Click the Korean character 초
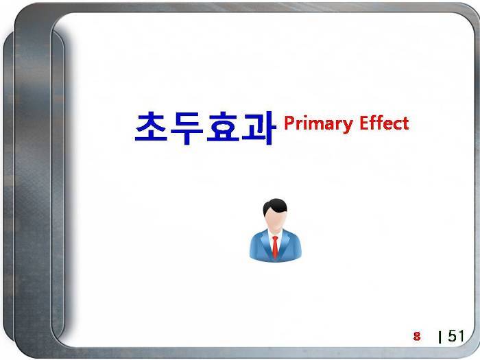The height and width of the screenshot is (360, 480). point(152,126)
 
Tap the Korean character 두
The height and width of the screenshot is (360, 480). point(187,128)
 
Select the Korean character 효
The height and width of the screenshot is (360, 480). point(223,127)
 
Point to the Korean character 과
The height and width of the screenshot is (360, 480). point(259,128)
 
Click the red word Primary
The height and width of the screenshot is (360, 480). point(318,124)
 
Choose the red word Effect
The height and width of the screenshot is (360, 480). point(384,123)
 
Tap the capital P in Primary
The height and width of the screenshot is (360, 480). point(289,123)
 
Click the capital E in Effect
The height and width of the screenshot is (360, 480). point(364,123)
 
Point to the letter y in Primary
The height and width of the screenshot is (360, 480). point(348,126)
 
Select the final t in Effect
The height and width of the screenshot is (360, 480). point(405,123)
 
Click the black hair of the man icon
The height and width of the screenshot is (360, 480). point(275,207)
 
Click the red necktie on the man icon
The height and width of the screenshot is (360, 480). point(275,246)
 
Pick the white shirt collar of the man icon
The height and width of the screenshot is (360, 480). point(275,235)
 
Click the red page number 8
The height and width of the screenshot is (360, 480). point(417,336)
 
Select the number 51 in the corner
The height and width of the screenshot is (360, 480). point(456,336)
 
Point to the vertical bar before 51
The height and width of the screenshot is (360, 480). point(440,337)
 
